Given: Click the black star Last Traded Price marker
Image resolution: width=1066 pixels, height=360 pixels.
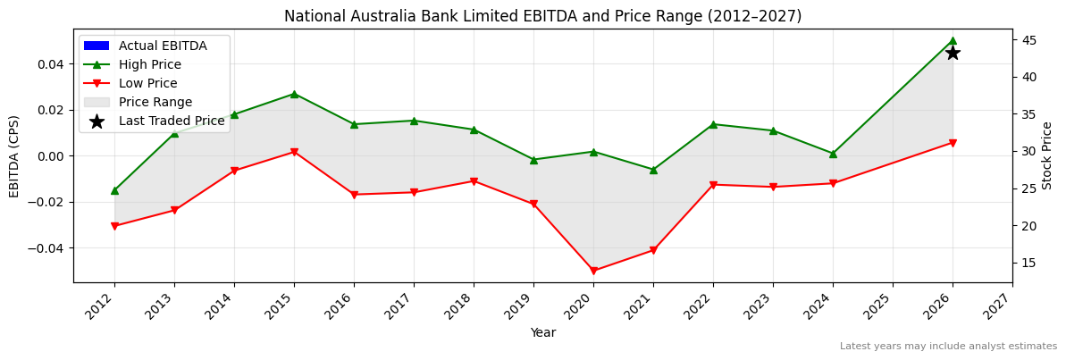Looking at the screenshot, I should [x=953, y=53].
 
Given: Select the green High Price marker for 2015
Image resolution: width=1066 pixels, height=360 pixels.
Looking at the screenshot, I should [x=294, y=94].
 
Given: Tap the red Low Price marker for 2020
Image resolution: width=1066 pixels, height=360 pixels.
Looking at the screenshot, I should [x=593, y=271].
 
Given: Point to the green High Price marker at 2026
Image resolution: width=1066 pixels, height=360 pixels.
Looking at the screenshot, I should [x=953, y=40].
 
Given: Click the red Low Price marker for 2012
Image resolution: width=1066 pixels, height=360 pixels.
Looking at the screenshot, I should [x=114, y=226].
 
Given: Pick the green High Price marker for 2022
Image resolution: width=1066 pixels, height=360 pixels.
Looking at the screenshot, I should [x=713, y=124].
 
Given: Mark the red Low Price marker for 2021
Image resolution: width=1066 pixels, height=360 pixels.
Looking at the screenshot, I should [x=653, y=250].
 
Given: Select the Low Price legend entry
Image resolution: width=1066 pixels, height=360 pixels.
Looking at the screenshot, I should [x=147, y=83].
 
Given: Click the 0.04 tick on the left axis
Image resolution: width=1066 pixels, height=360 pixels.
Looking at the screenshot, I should [x=50, y=64].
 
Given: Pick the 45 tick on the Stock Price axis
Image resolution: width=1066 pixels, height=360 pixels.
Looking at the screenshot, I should [x=1029, y=40].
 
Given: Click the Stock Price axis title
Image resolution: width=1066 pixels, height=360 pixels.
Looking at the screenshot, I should [x=1047, y=155].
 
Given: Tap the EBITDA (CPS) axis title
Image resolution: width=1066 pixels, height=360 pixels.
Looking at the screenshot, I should [x=14, y=155].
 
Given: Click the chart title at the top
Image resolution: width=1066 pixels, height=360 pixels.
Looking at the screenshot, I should [x=542, y=16].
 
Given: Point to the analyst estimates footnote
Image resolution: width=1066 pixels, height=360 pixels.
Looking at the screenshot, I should [x=948, y=347].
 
